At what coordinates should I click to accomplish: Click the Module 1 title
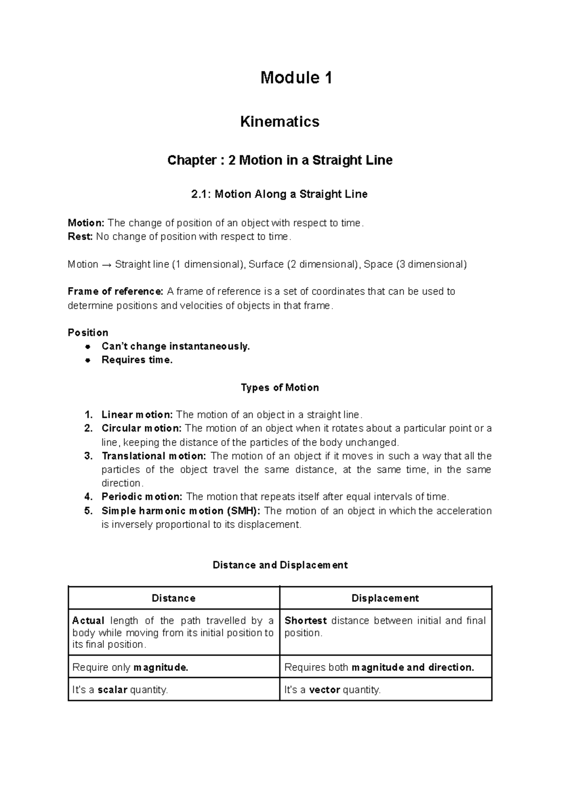pos(296,78)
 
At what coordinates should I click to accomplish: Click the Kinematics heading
pos(280,122)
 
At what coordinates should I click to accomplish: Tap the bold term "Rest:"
pos(80,237)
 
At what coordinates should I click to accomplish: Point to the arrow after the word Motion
pos(106,265)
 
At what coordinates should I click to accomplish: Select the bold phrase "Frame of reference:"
pos(115,292)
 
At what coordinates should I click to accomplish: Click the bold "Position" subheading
pos(88,332)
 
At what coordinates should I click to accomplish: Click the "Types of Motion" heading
pos(280,388)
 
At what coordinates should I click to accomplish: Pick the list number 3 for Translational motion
pos(88,456)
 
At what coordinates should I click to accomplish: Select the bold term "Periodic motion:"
pos(142,497)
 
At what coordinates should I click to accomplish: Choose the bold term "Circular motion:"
pos(142,428)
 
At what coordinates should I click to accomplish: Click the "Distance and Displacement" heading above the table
pos(280,565)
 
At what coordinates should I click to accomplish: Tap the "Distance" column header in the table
pos(173,598)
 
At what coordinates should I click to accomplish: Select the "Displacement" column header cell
pos(385,598)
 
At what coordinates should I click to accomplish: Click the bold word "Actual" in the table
pos(88,621)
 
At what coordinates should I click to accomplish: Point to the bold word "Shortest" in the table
pos(306,621)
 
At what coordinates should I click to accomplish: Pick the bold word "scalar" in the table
pos(112,690)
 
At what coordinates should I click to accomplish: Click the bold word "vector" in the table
pos(324,690)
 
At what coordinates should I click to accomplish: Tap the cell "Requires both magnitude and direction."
pos(379,667)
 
